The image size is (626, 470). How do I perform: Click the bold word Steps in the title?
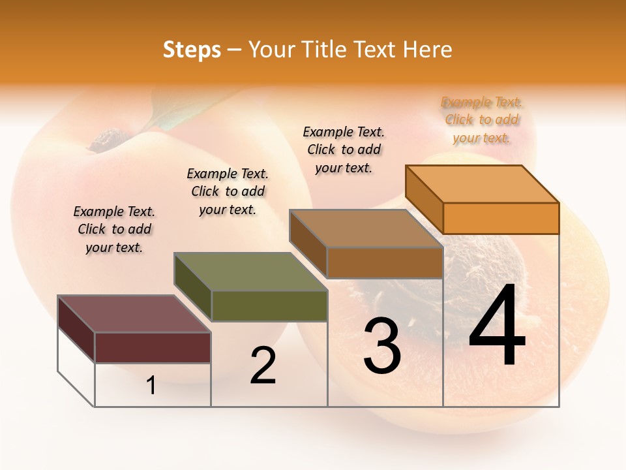(x=192, y=50)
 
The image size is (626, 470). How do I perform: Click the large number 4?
(x=497, y=328)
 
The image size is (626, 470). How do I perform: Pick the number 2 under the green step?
(x=263, y=366)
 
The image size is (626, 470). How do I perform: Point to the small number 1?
(x=151, y=386)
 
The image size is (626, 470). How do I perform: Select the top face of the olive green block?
(x=250, y=272)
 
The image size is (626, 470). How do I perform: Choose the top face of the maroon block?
(x=134, y=314)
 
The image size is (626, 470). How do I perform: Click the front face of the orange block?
(x=501, y=218)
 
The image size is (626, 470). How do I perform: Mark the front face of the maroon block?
(x=153, y=347)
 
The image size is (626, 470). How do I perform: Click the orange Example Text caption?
(x=482, y=119)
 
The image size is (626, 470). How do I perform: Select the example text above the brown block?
(x=344, y=149)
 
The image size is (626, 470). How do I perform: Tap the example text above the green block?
(x=228, y=191)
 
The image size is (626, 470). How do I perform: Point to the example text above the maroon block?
(x=114, y=229)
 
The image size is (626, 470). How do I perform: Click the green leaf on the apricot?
(x=166, y=117)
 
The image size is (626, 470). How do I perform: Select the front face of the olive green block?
(x=269, y=305)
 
